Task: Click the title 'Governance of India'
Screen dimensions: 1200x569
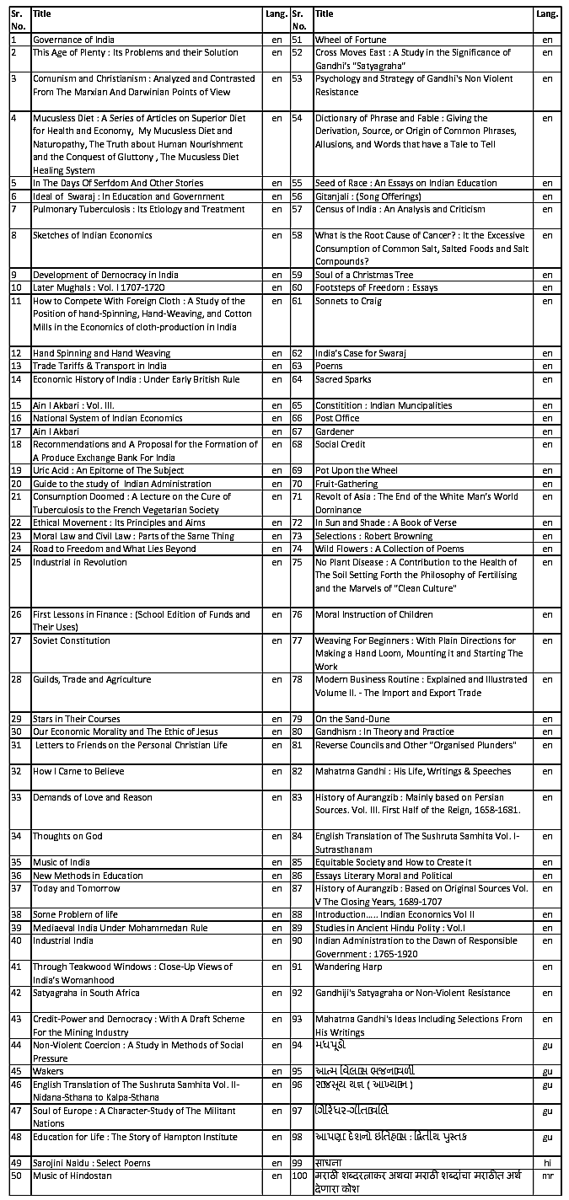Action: click(73, 40)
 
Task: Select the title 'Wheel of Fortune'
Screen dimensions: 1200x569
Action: click(351, 40)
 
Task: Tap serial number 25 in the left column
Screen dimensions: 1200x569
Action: click(15, 562)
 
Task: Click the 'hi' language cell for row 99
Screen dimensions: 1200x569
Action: click(547, 1163)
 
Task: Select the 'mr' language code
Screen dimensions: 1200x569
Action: click(547, 1176)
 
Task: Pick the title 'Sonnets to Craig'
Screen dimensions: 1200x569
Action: click(348, 301)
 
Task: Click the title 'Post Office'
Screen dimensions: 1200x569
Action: click(336, 418)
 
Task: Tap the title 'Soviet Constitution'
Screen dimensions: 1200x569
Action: click(72, 640)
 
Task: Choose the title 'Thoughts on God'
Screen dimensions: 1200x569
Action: click(67, 836)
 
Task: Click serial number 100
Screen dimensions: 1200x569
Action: click(299, 1176)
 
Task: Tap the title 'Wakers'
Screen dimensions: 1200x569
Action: click(47, 1071)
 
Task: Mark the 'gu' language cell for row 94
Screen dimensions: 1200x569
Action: click(547, 1045)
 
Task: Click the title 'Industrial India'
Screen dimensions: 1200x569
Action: click(63, 940)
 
